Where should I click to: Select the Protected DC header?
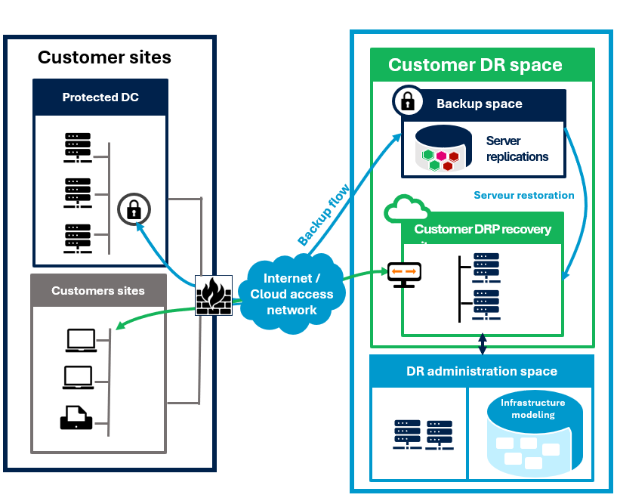(100, 97)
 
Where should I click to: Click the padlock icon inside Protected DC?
(134, 209)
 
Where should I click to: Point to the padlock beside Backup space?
(407, 100)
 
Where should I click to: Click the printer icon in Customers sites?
(76, 417)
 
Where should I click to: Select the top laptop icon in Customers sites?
(80, 341)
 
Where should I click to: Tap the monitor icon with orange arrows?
(404, 273)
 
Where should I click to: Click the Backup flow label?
(323, 215)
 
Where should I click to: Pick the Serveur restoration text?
(523, 195)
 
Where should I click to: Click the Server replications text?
(517, 149)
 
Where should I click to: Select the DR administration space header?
(481, 371)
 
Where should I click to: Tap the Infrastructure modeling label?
(533, 409)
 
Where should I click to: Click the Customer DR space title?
(475, 65)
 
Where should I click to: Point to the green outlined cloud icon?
(406, 209)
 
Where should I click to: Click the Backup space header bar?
(483, 104)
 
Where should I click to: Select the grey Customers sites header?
(98, 290)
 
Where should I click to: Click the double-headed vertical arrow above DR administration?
(483, 345)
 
